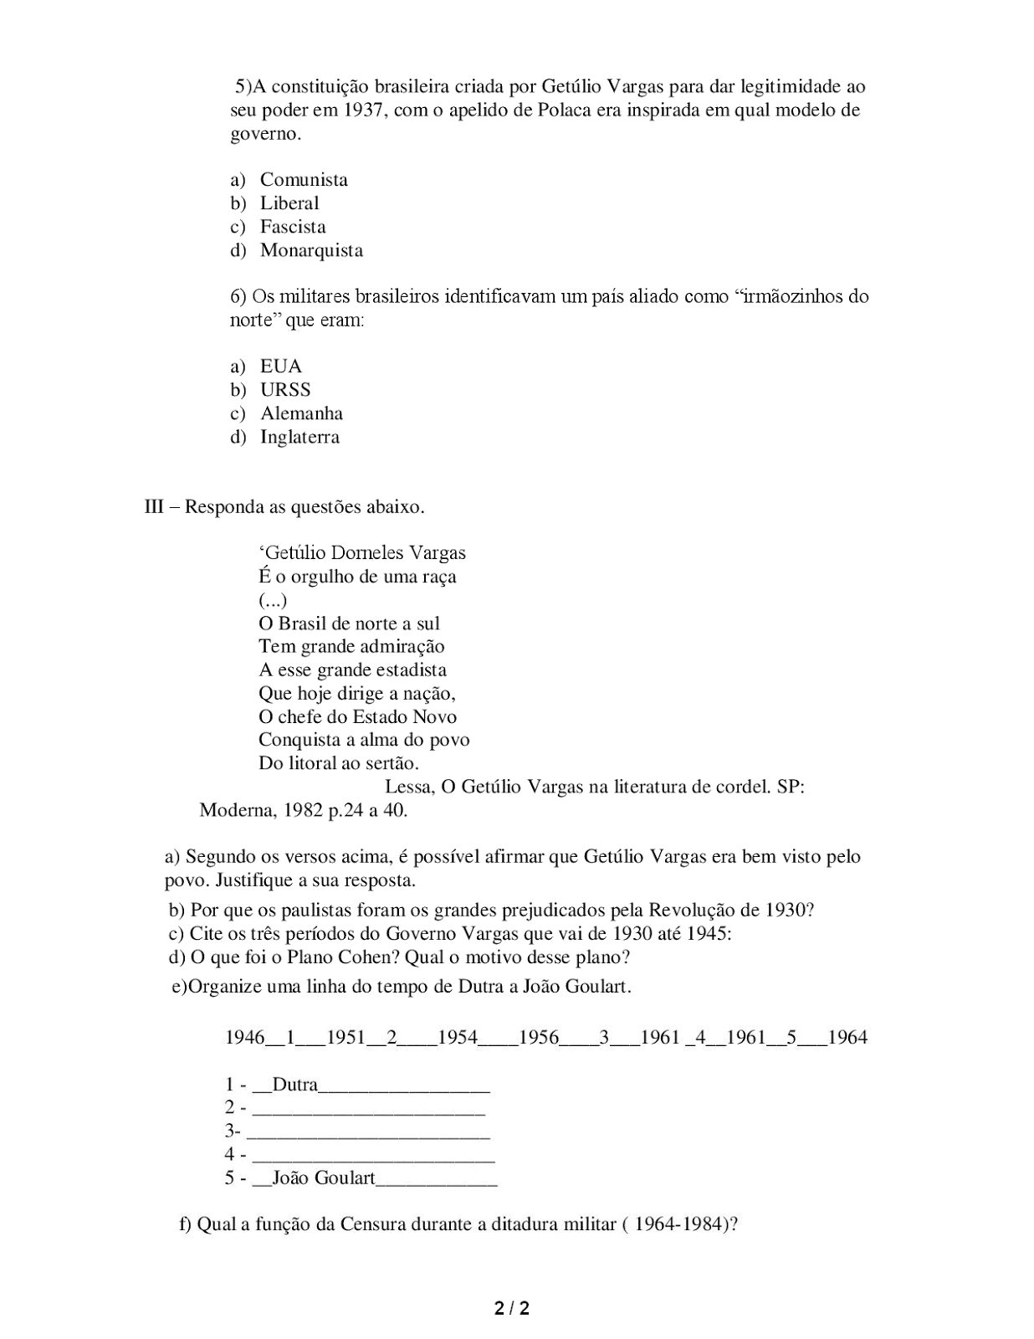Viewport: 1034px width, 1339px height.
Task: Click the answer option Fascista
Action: (x=293, y=227)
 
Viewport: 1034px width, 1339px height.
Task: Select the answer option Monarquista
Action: (x=311, y=250)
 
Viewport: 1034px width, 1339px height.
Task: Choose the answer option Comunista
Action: (x=304, y=180)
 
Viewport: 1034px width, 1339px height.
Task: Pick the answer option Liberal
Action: (x=289, y=203)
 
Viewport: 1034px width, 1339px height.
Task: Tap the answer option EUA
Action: (x=281, y=367)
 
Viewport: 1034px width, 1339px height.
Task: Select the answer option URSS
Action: (x=285, y=390)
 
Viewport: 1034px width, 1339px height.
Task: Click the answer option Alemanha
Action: (x=301, y=413)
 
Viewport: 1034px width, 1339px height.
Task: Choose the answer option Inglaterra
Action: (x=299, y=437)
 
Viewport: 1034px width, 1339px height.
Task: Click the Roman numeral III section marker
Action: (x=154, y=507)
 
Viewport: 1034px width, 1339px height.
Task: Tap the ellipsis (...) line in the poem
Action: (x=273, y=600)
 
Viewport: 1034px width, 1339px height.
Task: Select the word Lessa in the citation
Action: (x=409, y=787)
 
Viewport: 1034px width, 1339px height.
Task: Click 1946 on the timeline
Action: (x=245, y=1038)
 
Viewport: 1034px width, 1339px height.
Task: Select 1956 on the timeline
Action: (x=539, y=1038)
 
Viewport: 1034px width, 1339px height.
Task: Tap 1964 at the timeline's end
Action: (x=847, y=1038)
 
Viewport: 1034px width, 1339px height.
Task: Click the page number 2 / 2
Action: (x=512, y=1308)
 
